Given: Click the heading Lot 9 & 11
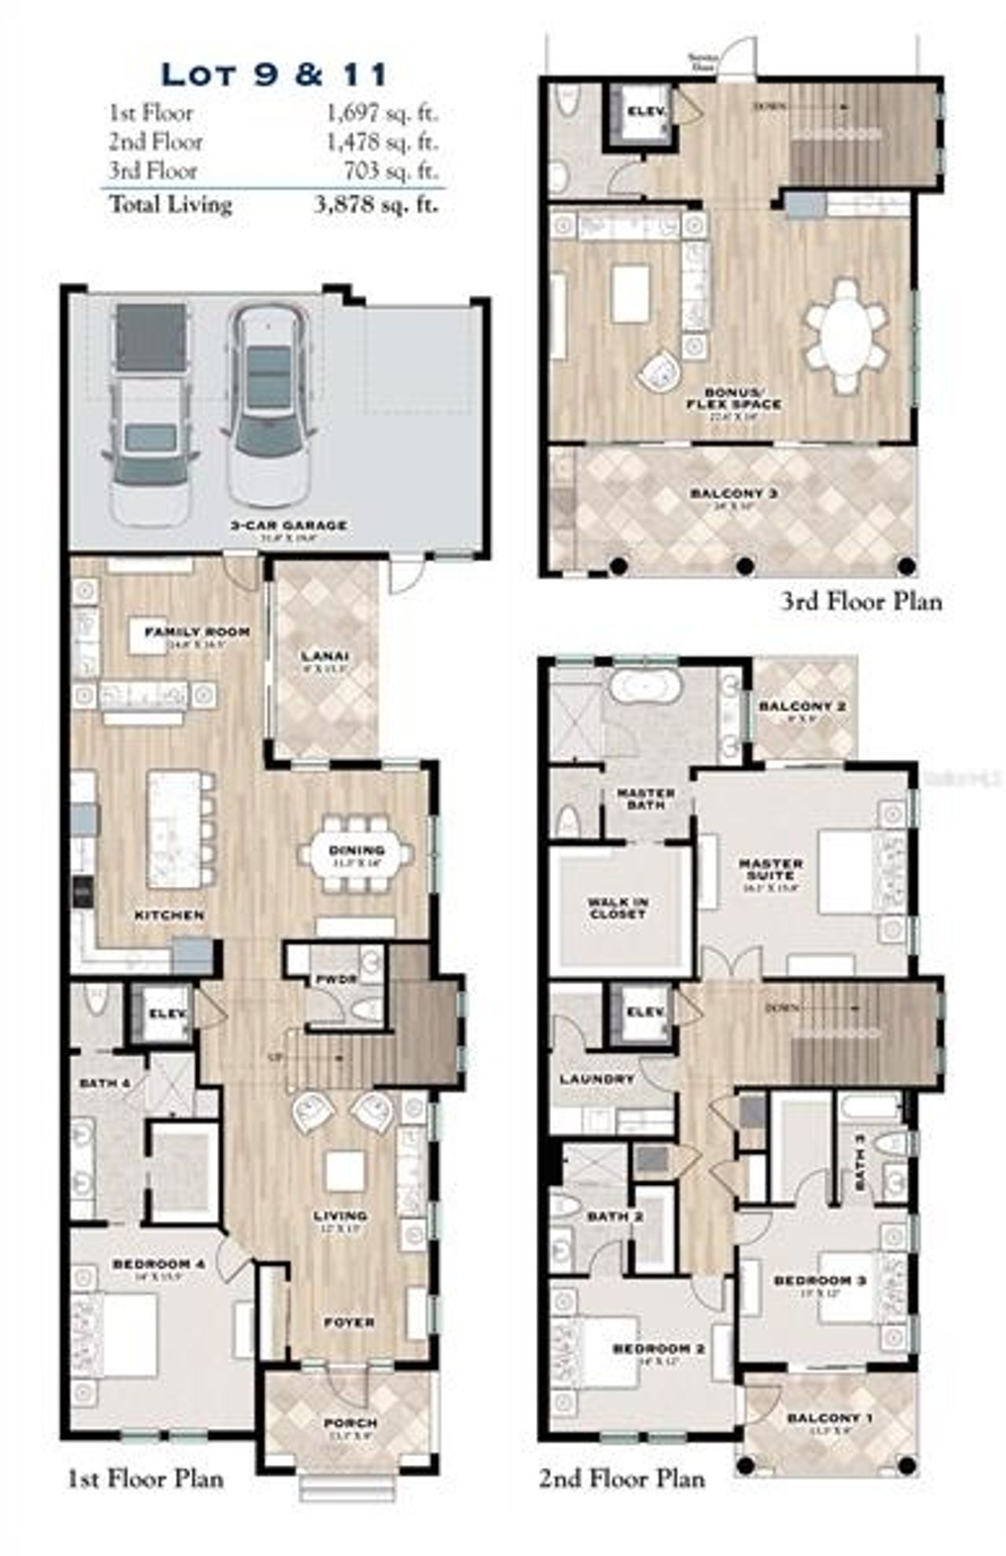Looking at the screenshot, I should pyautogui.click(x=274, y=75).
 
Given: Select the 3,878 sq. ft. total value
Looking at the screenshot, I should pyautogui.click(x=376, y=205).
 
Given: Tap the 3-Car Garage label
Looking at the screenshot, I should pyautogui.click(x=288, y=525).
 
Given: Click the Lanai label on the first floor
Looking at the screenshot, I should pyautogui.click(x=325, y=656).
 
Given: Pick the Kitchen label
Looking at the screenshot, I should pyautogui.click(x=170, y=915).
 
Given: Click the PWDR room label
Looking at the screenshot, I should pyautogui.click(x=336, y=980).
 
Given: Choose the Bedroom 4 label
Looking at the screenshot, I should pyautogui.click(x=159, y=1264).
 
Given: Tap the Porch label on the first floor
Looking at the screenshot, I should pyautogui.click(x=351, y=1423).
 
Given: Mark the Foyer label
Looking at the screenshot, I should pyautogui.click(x=350, y=1322).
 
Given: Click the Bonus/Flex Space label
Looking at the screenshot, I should pyautogui.click(x=732, y=399).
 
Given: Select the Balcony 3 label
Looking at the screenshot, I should pyautogui.click(x=733, y=494).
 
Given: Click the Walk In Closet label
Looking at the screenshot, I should pyautogui.click(x=618, y=908).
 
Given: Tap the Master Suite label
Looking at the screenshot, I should pyautogui.click(x=771, y=869).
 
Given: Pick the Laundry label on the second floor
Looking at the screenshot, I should pyautogui.click(x=597, y=1080).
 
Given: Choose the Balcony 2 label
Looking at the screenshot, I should pyautogui.click(x=802, y=706).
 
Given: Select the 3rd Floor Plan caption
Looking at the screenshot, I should pyautogui.click(x=861, y=602).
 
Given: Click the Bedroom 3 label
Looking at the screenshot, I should pyautogui.click(x=820, y=1281).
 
